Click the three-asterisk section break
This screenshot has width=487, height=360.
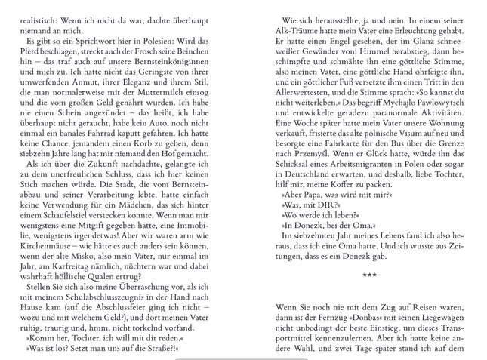click(369, 276)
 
